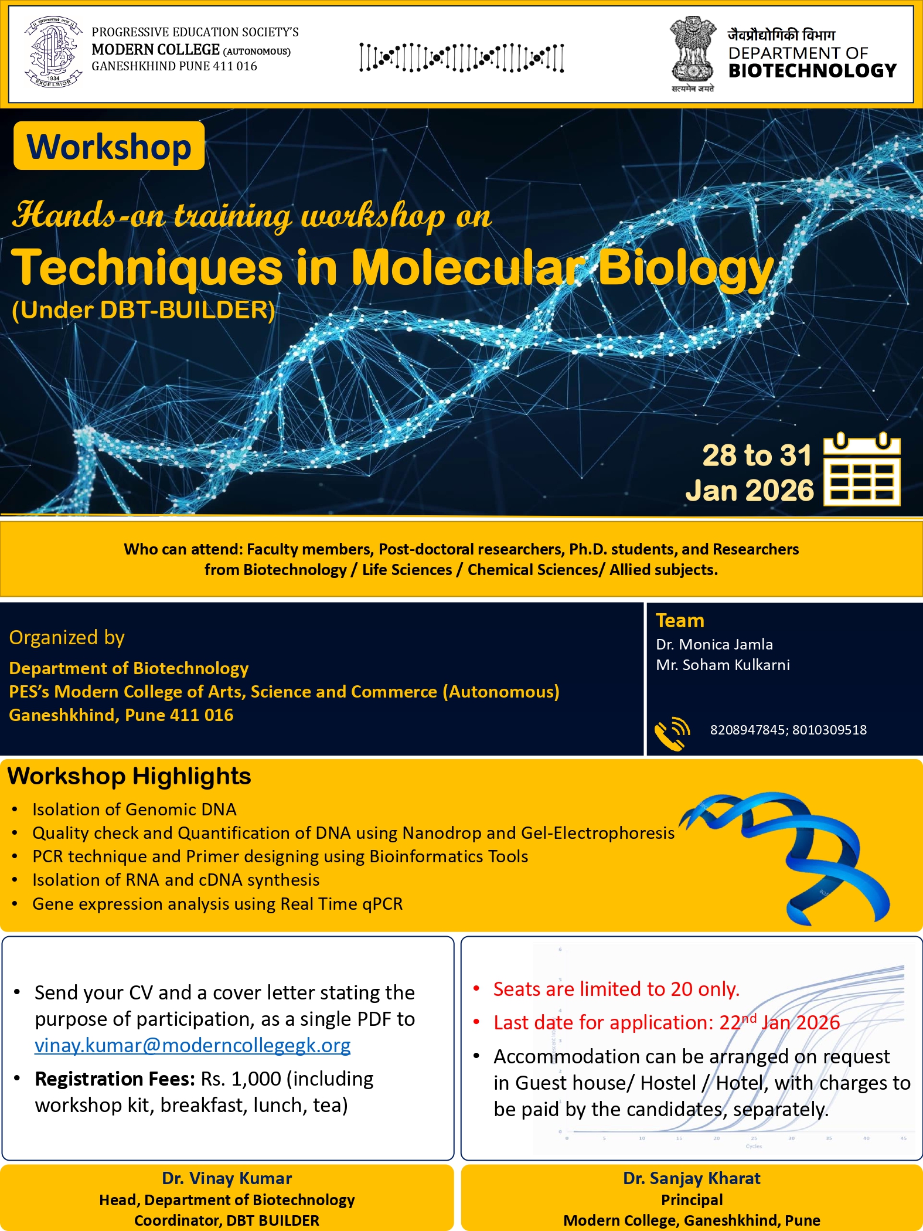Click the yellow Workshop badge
point(109,146)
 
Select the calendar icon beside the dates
point(862,469)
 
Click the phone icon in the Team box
point(672,733)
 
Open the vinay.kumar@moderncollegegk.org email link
point(192,1045)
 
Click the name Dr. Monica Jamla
point(714,644)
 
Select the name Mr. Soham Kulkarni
point(723,665)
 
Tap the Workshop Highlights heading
point(129,776)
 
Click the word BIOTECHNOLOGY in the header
point(812,71)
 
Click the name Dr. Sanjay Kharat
point(692,1178)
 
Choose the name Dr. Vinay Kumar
point(227,1178)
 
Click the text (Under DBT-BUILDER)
point(144,310)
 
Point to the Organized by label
point(67,638)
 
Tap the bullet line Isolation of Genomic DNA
point(134,810)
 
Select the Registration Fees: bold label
point(115,1079)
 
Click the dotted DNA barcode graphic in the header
point(462,57)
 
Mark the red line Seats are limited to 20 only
point(617,989)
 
